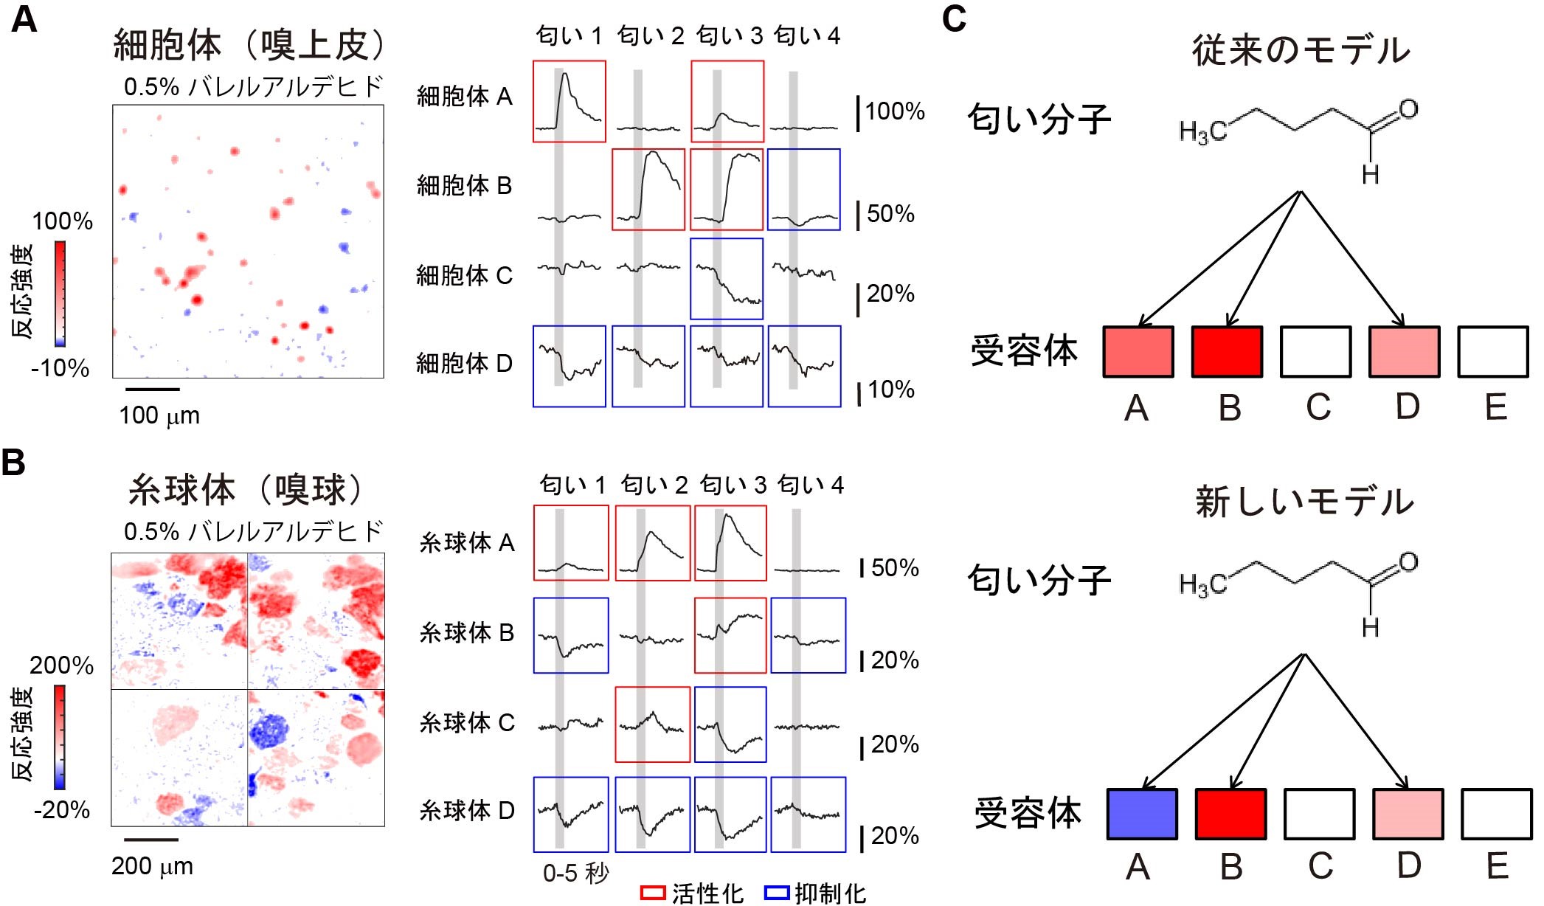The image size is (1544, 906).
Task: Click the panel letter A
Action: click(24, 20)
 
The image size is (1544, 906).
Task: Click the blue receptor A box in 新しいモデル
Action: click(1142, 814)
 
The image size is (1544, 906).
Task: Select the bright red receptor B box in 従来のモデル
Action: click(1227, 352)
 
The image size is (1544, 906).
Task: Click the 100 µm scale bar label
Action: click(159, 415)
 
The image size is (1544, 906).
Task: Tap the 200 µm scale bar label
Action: click(153, 865)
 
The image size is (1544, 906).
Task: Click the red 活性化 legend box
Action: click(653, 893)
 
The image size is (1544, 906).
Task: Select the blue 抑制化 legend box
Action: click(777, 893)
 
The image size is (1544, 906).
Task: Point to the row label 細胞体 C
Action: click(464, 275)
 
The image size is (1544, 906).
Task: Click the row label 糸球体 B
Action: click(466, 632)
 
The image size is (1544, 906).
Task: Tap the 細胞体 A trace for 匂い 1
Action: click(570, 102)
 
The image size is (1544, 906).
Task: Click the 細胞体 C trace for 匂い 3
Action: click(727, 279)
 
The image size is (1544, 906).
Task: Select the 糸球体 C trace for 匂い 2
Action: click(653, 725)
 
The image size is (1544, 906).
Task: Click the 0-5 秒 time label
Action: click(575, 874)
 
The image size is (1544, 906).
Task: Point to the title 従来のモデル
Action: click(1301, 50)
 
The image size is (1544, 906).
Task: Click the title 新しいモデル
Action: click(1304, 502)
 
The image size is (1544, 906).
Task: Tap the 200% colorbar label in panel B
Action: click(62, 665)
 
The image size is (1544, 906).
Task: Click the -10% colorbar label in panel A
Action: click(60, 368)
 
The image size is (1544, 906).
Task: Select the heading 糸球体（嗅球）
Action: click(248, 490)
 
